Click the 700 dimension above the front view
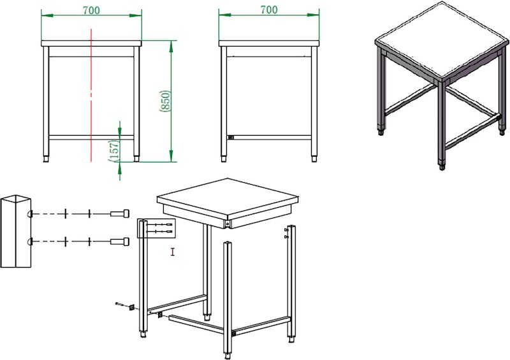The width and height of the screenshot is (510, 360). (91, 10)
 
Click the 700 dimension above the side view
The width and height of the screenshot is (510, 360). (269, 10)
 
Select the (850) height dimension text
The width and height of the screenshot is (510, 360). (165, 101)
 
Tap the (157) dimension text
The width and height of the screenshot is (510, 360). (114, 150)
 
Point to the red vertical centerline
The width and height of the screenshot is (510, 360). (91, 95)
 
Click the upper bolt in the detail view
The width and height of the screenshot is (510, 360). (120, 213)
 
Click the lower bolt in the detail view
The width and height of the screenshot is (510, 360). (120, 241)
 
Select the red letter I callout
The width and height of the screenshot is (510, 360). (173, 252)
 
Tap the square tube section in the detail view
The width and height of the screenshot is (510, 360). (15, 231)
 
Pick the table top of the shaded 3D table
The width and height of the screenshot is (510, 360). (442, 41)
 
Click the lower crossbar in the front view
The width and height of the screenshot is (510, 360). (91, 138)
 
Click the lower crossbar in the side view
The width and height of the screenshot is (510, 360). (269, 138)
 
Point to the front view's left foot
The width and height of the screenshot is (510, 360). (46, 159)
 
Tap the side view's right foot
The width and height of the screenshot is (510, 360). (314, 159)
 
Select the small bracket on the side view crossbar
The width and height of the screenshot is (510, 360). (231, 138)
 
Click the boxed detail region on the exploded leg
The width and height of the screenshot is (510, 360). (156, 228)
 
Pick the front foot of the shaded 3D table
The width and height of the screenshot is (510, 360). (442, 168)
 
